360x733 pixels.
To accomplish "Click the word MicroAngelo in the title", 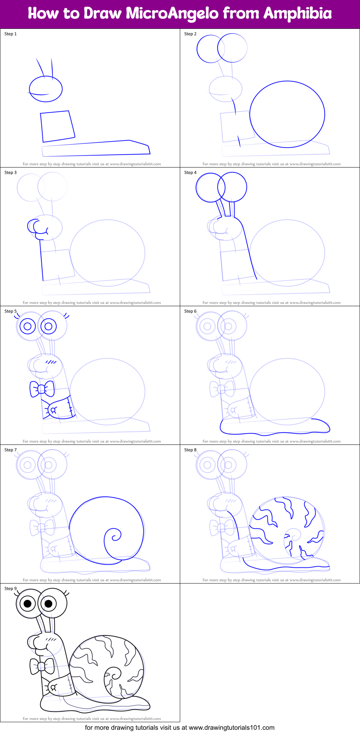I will click(172, 13).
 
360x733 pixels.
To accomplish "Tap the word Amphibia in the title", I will click(297, 13).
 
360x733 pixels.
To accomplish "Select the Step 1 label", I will click(10, 34).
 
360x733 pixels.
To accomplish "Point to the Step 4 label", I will click(190, 173).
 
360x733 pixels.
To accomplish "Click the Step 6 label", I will click(190, 311).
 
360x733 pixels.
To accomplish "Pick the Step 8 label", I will click(190, 450).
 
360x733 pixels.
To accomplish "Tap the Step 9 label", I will click(10, 589).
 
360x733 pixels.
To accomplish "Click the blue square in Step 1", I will click(57, 126).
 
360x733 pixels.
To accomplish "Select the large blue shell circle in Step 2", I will click(287, 114).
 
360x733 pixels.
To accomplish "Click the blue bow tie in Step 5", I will click(42, 389).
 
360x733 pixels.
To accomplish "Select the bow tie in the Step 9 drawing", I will click(42, 666).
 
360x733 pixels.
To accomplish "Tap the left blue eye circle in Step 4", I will click(210, 187).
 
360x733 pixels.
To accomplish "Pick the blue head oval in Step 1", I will click(46, 89).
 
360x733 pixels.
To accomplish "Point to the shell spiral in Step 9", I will click(113, 676).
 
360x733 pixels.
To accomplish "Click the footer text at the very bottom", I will click(180, 728).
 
